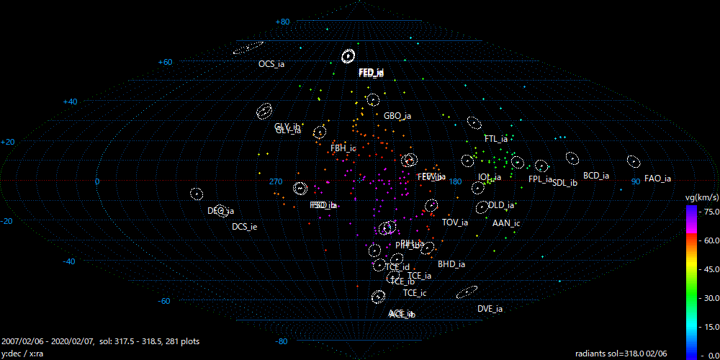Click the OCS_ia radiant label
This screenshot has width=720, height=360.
(x=271, y=64)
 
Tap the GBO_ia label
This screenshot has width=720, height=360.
(x=397, y=116)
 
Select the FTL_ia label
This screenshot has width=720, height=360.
(x=496, y=138)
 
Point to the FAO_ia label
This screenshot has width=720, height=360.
(x=657, y=179)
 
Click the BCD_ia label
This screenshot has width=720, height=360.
(x=596, y=176)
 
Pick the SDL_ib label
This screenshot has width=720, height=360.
(x=564, y=183)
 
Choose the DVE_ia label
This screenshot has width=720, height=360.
(x=490, y=309)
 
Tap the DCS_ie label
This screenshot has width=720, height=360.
(x=244, y=227)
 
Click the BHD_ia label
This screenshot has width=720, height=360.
(x=451, y=264)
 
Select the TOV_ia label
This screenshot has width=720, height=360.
(x=455, y=222)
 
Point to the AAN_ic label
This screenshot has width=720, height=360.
(x=506, y=223)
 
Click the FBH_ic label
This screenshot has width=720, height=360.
(x=343, y=148)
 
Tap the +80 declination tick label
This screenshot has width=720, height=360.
(x=282, y=22)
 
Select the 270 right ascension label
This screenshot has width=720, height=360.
(x=276, y=181)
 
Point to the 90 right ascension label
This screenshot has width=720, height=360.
(x=636, y=181)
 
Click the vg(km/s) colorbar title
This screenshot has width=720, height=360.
(x=701, y=197)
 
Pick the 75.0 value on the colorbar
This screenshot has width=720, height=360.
(x=710, y=212)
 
